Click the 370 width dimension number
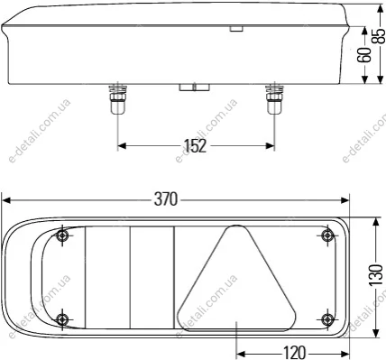166,199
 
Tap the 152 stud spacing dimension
196,146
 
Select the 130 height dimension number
376,275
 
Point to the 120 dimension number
294,353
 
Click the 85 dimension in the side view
380,36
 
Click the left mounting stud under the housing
117,99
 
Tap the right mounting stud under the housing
274,99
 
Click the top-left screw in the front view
62,235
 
